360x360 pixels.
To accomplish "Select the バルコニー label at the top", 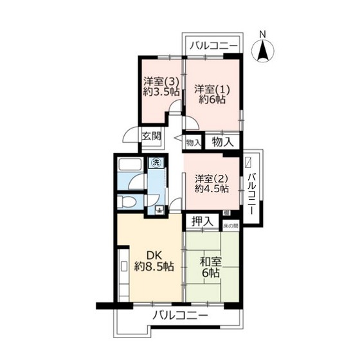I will pyautogui.click(x=213, y=46).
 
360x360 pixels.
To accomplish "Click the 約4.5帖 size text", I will pyautogui.click(x=213, y=189).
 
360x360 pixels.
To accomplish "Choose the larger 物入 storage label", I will pyautogui.click(x=224, y=141).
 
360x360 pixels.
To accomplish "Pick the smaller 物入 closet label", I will pyautogui.click(x=193, y=141).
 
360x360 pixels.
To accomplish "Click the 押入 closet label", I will pyautogui.click(x=203, y=221).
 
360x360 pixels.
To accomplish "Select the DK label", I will pyautogui.click(x=150, y=253).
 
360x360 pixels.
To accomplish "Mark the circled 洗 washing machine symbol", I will pyautogui.click(x=156, y=163).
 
